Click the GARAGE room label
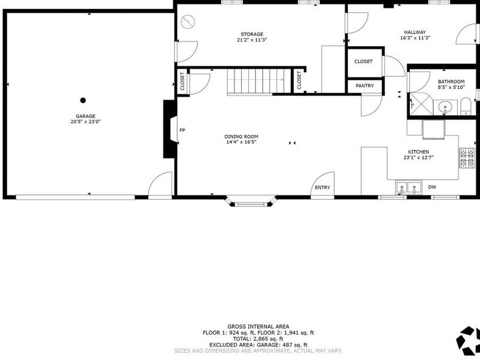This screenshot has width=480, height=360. (85, 116)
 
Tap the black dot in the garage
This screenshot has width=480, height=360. (83, 100)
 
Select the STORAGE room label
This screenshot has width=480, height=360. (252, 34)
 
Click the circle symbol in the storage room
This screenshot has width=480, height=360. (188, 22)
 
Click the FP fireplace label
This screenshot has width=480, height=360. (182, 130)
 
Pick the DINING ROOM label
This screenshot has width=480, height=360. (242, 137)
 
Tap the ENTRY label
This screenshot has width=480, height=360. (322, 188)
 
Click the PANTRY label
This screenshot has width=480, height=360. (364, 86)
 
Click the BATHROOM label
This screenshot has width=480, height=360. (451, 82)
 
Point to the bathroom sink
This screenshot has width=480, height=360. (445, 107)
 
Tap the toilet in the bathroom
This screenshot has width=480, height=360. (466, 108)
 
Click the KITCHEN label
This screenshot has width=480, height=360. (418, 152)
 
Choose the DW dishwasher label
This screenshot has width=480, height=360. (432, 188)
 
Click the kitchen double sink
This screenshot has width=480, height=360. (407, 188)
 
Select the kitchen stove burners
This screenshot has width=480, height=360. (466, 157)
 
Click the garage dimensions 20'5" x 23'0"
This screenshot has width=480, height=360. (85, 122)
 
